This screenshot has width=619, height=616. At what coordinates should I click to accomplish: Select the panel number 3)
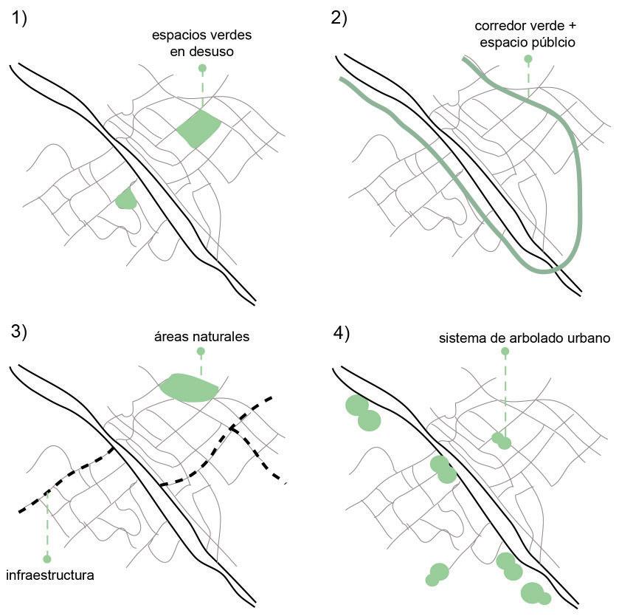point(19,332)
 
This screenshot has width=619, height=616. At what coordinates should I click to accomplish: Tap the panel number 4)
point(342,333)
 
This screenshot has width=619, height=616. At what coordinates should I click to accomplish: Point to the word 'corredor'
point(500,27)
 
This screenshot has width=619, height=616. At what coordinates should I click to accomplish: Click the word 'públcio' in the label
point(549,43)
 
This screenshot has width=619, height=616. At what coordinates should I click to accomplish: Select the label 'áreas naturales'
point(201,336)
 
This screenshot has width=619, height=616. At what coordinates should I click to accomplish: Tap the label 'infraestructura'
point(49,574)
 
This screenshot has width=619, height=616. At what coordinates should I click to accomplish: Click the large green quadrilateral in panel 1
point(199,129)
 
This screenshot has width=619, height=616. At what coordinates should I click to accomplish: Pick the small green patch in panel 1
point(126,198)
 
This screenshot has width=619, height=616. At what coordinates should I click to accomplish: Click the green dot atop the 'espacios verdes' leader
point(202,68)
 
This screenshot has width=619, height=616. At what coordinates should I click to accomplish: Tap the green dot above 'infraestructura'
point(47,558)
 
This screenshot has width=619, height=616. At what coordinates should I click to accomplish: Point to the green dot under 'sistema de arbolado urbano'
point(505,352)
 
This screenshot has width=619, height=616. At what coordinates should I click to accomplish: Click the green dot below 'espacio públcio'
point(528,58)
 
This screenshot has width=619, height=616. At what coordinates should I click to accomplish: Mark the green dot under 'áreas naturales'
point(201,352)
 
